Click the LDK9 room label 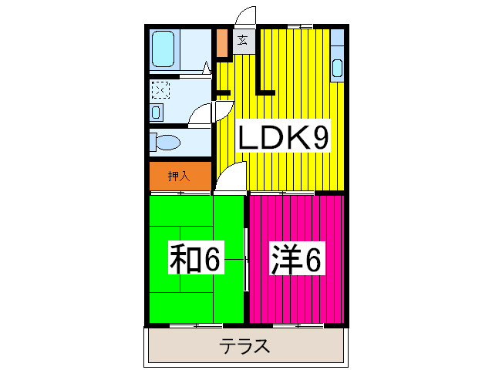(x=283, y=139)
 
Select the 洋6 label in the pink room (x=295, y=260)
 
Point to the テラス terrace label (x=245, y=346)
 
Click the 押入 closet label (x=179, y=176)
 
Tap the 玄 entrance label (x=242, y=41)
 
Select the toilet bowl (x=166, y=143)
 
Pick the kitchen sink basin (x=336, y=68)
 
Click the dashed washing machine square (x=160, y=90)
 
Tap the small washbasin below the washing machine (x=157, y=113)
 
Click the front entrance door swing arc (x=246, y=15)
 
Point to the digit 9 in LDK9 (x=321, y=139)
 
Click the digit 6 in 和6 (x=211, y=261)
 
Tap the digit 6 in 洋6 (x=311, y=261)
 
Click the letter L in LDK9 (x=249, y=139)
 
